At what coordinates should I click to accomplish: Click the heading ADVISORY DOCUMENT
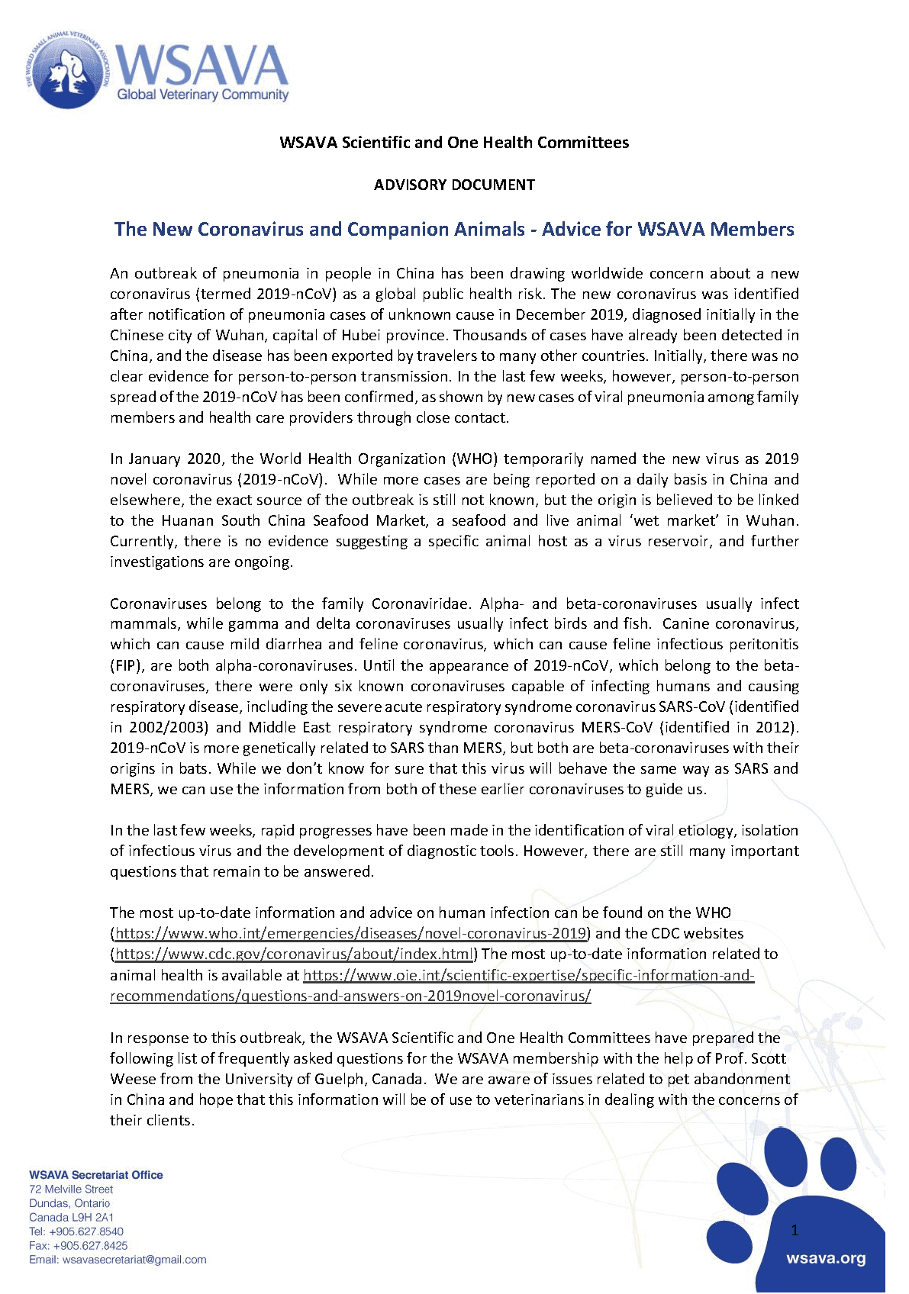pos(454,185)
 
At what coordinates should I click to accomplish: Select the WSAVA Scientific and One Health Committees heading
pos(454,143)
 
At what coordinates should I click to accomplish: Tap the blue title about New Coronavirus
pos(454,230)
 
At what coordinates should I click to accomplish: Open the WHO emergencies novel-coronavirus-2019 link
pos(350,933)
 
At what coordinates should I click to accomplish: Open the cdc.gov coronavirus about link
pos(294,954)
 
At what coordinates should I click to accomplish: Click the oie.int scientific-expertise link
pos(528,975)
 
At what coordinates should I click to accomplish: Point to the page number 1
pos(795,1230)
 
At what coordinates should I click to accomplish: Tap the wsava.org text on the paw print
pos(826,1258)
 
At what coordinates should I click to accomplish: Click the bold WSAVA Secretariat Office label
pos(96,1175)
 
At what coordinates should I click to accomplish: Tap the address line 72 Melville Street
pos(71,1189)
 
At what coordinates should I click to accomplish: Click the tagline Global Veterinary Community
pos(202,95)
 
